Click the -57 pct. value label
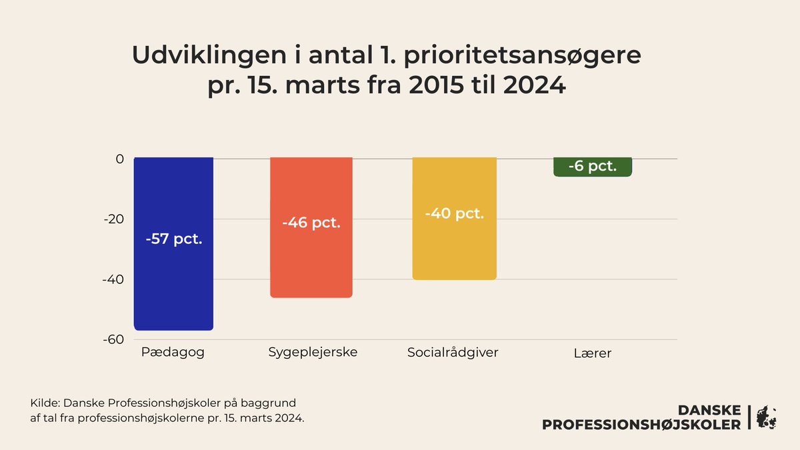[x=173, y=238]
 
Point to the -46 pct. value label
[x=311, y=223]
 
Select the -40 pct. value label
[x=454, y=214]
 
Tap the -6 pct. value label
[x=592, y=166]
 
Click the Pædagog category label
[x=173, y=352]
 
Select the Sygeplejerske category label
[x=313, y=352]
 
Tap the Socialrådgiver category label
[x=453, y=352]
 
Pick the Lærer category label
[x=592, y=353]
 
